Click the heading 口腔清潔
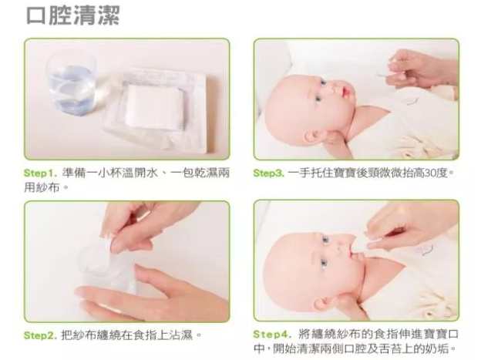(73, 15)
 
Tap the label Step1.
(41, 173)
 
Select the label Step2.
(41, 335)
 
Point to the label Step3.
(269, 173)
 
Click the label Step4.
(271, 334)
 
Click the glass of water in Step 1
(71, 82)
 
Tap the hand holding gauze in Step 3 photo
(420, 69)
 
